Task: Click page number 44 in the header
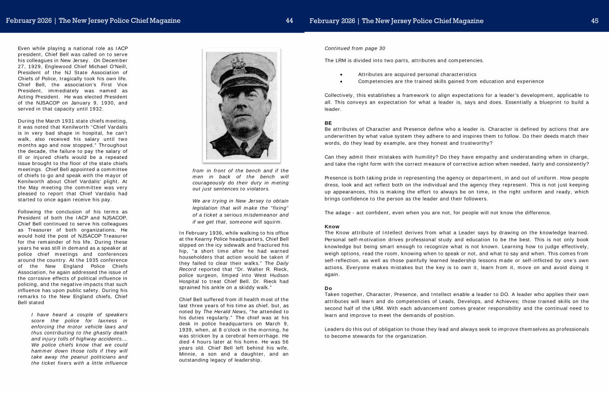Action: point(289,21)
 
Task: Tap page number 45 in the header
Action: point(595,21)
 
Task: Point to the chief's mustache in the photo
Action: point(240,118)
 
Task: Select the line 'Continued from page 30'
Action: point(355,48)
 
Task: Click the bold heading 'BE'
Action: point(328,123)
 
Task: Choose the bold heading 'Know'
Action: point(332,226)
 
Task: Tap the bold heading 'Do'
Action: point(328,288)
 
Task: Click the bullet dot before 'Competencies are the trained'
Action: point(342,81)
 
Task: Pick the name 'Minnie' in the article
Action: point(189,354)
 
